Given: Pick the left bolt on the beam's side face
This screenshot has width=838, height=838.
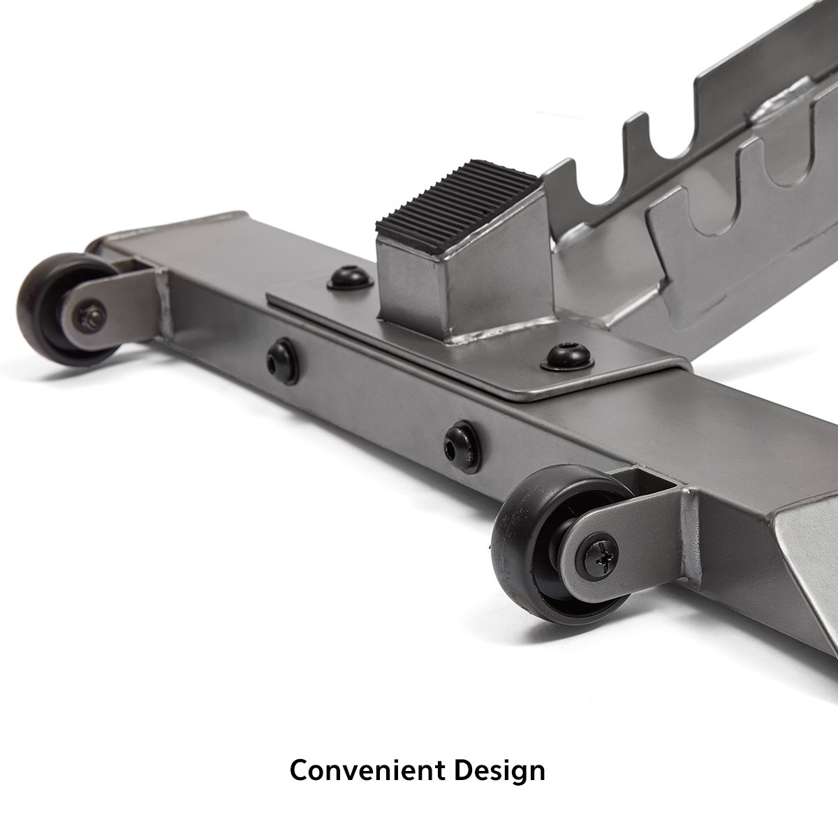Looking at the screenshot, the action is click(x=283, y=361).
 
